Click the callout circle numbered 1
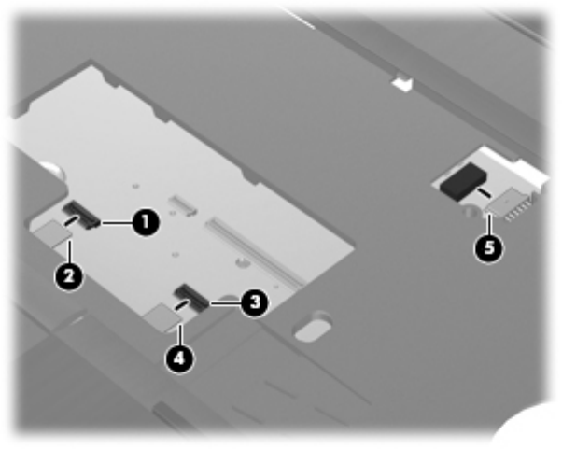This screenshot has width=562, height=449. tap(145, 222)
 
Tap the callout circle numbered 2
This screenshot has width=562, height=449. tap(69, 276)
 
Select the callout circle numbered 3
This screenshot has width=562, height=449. tap(254, 302)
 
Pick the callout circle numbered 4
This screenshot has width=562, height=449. tap(179, 358)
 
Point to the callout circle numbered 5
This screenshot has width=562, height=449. tap(489, 247)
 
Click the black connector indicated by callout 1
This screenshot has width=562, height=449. tap(82, 214)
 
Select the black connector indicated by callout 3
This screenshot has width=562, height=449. tap(190, 297)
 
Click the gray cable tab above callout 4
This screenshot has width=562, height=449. tap(163, 316)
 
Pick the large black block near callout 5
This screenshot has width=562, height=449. tap(463, 181)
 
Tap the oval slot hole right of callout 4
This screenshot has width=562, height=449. tap(313, 328)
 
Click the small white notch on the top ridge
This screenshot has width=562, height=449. tap(402, 84)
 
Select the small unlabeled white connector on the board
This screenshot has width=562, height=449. tap(183, 204)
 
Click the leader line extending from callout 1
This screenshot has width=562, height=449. tap(116, 223)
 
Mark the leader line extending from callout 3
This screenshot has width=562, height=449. tap(225, 303)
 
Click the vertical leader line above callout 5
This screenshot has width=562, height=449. tap(489, 224)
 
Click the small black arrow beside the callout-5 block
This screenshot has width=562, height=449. tap(483, 191)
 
